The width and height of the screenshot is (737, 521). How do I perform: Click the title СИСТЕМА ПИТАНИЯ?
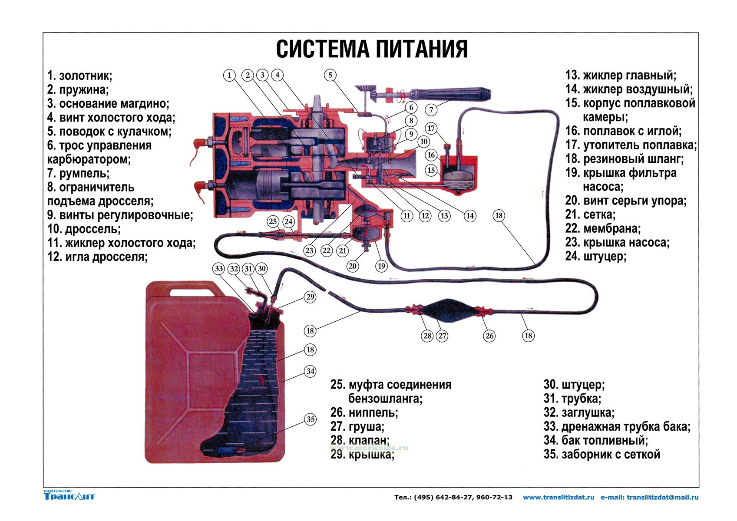tap(372, 49)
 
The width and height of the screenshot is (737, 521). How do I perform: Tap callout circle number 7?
tap(431, 110)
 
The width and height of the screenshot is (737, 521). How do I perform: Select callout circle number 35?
tap(310, 419)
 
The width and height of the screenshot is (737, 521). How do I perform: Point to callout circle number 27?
tap(442, 336)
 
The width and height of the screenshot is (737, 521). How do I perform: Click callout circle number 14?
tap(470, 215)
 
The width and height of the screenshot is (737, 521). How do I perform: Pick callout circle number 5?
tap(330, 75)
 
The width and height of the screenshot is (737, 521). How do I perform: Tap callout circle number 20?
tap(352, 266)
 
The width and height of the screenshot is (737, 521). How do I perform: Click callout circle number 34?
tap(310, 372)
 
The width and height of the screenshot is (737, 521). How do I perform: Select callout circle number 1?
tap(230, 75)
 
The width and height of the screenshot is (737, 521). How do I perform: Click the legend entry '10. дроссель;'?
tap(84, 229)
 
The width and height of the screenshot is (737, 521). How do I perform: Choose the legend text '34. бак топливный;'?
tap(595, 440)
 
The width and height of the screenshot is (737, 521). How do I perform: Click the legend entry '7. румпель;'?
tap(78, 173)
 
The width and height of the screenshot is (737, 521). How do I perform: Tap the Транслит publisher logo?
tap(69, 495)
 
